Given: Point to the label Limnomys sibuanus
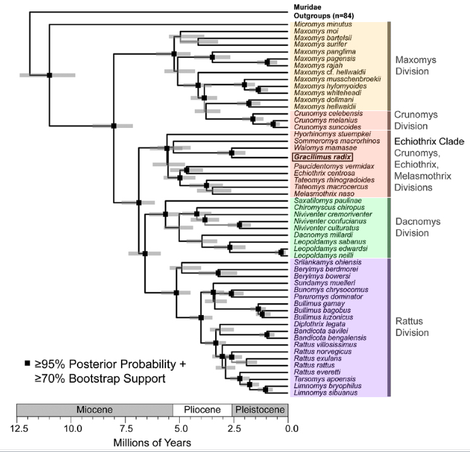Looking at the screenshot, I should click(322, 392).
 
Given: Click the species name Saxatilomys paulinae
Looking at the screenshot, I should click(322, 200).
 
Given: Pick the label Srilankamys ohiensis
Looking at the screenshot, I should click(322, 262).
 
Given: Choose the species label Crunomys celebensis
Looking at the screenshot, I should click(322, 113).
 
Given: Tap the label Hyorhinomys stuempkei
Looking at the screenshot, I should click(325, 134).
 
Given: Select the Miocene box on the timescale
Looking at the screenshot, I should click(95, 410).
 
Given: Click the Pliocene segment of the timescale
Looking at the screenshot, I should click(202, 410).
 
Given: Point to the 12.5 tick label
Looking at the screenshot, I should click(19, 429).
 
